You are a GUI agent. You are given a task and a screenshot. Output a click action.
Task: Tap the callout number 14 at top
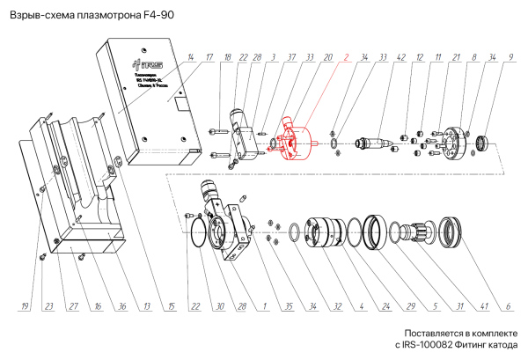click(x=190, y=58)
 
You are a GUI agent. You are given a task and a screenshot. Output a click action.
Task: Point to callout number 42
click(x=400, y=58)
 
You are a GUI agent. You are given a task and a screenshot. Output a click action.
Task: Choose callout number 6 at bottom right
click(x=508, y=306)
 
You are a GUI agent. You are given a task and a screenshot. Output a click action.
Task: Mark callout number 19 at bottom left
click(x=26, y=306)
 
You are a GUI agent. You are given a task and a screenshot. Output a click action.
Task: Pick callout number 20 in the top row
click(x=327, y=58)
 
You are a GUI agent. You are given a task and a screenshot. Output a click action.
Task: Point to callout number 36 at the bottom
click(x=121, y=306)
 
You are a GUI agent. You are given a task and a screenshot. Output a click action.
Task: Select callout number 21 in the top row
click(x=457, y=58)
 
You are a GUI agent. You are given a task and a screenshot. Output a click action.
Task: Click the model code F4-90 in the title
click(x=158, y=15)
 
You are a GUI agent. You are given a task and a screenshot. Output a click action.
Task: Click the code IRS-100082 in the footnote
click(x=426, y=346)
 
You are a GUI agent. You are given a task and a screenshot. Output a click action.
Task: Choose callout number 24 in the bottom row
click(x=385, y=306)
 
